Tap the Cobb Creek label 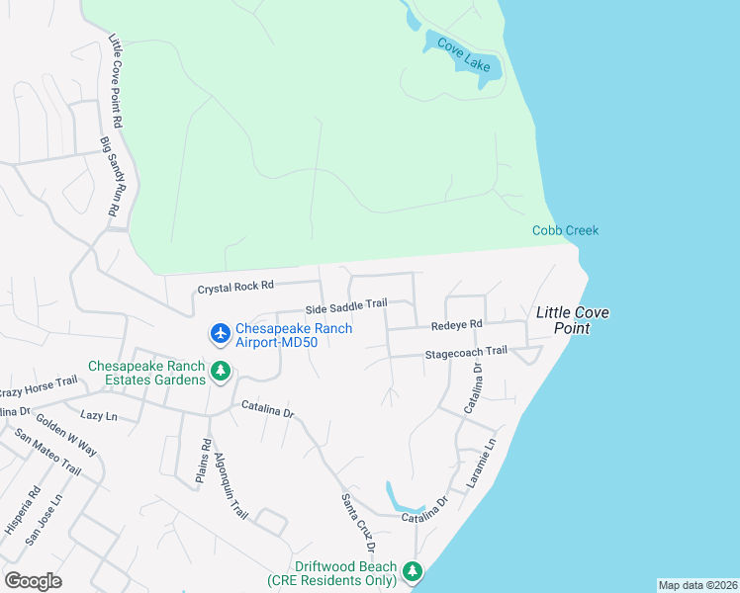pyautogui.click(x=565, y=230)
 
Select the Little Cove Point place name pyautogui.click(x=572, y=320)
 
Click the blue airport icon pyautogui.click(x=220, y=336)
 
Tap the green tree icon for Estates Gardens pyautogui.click(x=222, y=372)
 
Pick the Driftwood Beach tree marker pyautogui.click(x=413, y=572)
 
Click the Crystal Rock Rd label pyautogui.click(x=235, y=288)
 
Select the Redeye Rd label pyautogui.click(x=456, y=324)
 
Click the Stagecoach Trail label pyautogui.click(x=465, y=351)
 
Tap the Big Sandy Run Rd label pyautogui.click(x=111, y=178)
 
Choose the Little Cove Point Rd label pyautogui.click(x=115, y=82)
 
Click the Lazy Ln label pyautogui.click(x=99, y=416)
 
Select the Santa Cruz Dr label pyautogui.click(x=358, y=523)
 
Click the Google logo pyautogui.click(x=33, y=581)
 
